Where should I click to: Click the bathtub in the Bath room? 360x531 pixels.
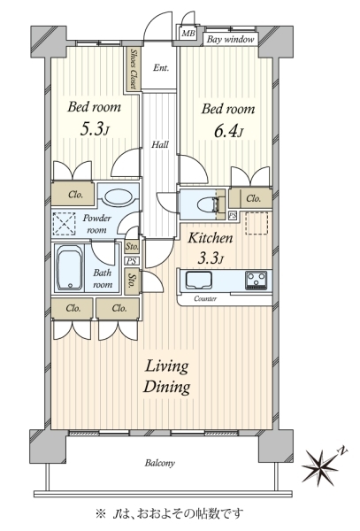[70, 267]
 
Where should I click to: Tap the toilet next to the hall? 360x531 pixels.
[207, 204]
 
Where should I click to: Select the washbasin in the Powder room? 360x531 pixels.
[118, 196]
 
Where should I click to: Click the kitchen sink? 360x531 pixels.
[199, 281]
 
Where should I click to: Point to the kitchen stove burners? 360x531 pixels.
[257, 280]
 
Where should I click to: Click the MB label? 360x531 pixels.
[188, 34]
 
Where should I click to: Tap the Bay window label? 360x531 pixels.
[230, 40]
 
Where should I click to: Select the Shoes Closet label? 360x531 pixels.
[134, 69]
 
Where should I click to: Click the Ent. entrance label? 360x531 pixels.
[160, 68]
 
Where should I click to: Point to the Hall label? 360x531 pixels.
[160, 145]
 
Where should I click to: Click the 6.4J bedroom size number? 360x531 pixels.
[228, 132]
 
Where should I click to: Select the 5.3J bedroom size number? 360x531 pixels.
[95, 130]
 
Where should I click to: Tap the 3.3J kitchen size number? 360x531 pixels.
[211, 258]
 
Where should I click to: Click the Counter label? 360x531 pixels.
[205, 299]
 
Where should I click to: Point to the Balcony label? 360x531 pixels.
[160, 463]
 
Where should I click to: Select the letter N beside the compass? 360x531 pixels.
[342, 451]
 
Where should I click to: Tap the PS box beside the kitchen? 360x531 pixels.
[233, 216]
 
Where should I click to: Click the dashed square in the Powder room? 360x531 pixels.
[65, 224]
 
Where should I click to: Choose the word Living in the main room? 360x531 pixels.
[166, 367]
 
